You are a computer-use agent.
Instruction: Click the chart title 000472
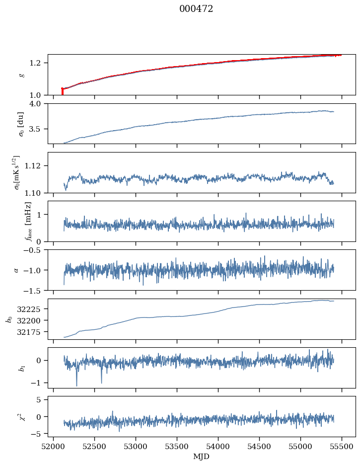click(x=196, y=9)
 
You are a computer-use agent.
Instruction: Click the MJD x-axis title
click(x=202, y=457)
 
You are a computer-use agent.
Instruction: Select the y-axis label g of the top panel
click(x=21, y=75)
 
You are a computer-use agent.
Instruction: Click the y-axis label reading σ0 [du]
click(x=21, y=123)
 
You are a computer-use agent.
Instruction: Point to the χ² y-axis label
click(x=21, y=416)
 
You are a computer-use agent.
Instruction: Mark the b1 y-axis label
click(x=21, y=368)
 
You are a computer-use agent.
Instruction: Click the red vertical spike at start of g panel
click(x=62, y=91)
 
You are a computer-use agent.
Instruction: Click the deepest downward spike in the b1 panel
click(x=76, y=385)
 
